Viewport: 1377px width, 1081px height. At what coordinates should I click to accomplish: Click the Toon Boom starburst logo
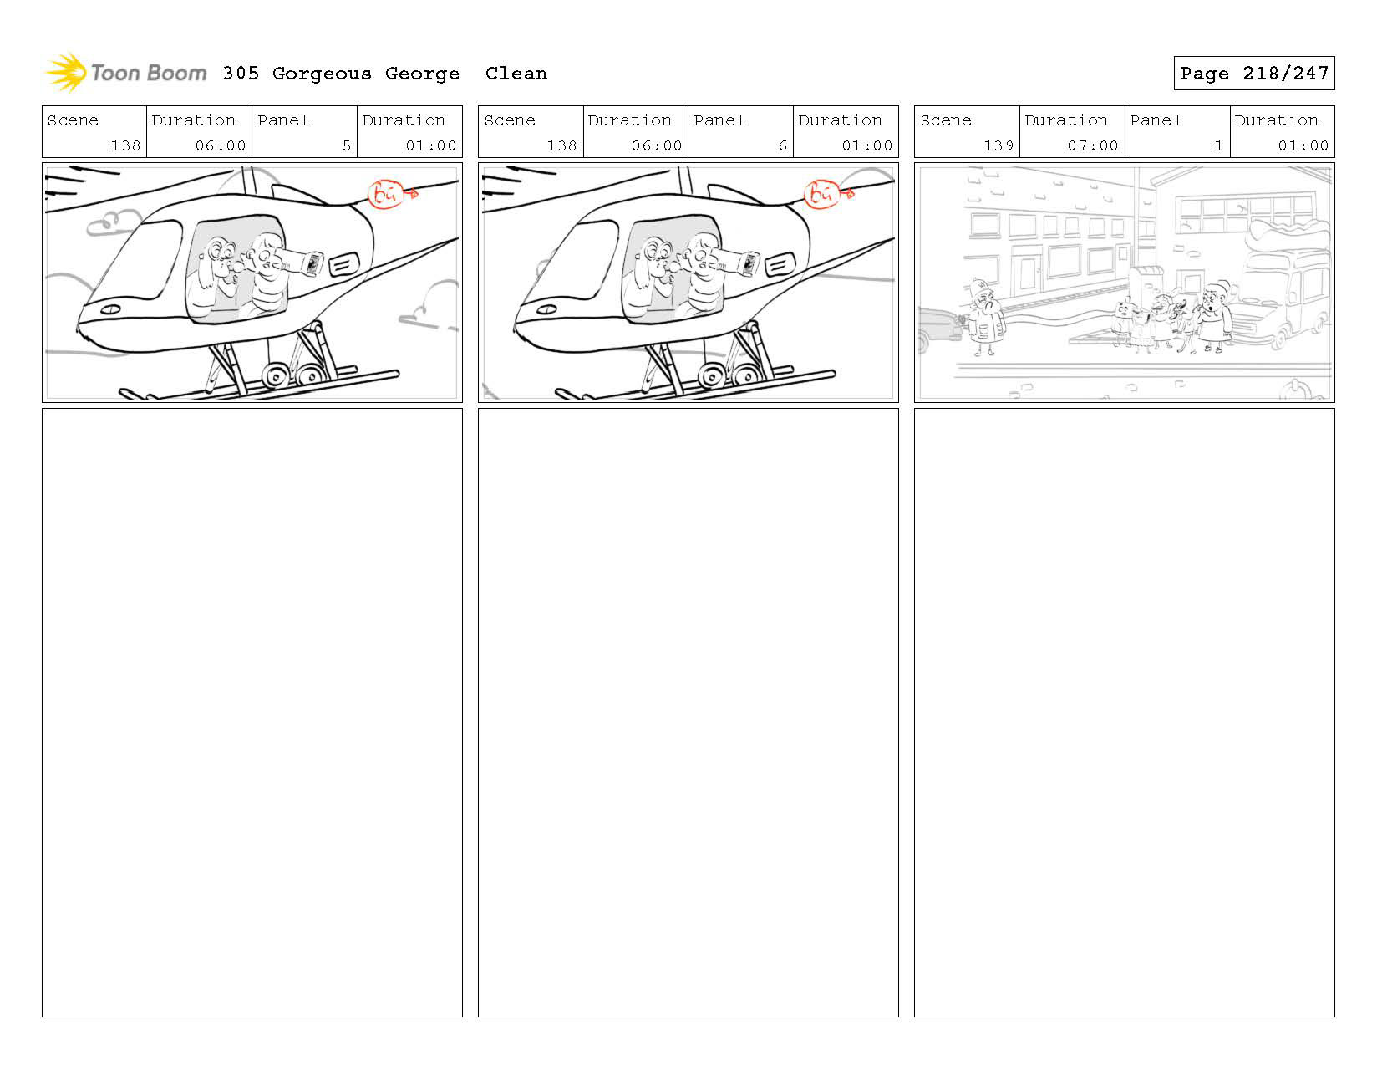coord(65,73)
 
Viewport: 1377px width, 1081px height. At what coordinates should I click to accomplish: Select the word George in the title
coord(422,74)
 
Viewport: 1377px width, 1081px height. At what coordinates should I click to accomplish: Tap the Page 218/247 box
coord(1253,74)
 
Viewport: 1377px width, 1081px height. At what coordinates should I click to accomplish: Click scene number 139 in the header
coord(998,145)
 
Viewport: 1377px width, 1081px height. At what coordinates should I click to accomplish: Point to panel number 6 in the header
coord(782,145)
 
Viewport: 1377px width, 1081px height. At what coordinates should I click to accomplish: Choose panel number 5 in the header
coord(346,145)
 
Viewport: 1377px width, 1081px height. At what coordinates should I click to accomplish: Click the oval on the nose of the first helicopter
coord(109,309)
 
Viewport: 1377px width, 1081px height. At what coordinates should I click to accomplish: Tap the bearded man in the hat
coord(986,318)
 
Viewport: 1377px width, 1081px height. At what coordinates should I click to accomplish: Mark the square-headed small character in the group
coord(1125,322)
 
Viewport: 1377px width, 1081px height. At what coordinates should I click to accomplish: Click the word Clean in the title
coord(516,74)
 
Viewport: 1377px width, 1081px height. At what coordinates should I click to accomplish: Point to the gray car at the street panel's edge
coord(939,329)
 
